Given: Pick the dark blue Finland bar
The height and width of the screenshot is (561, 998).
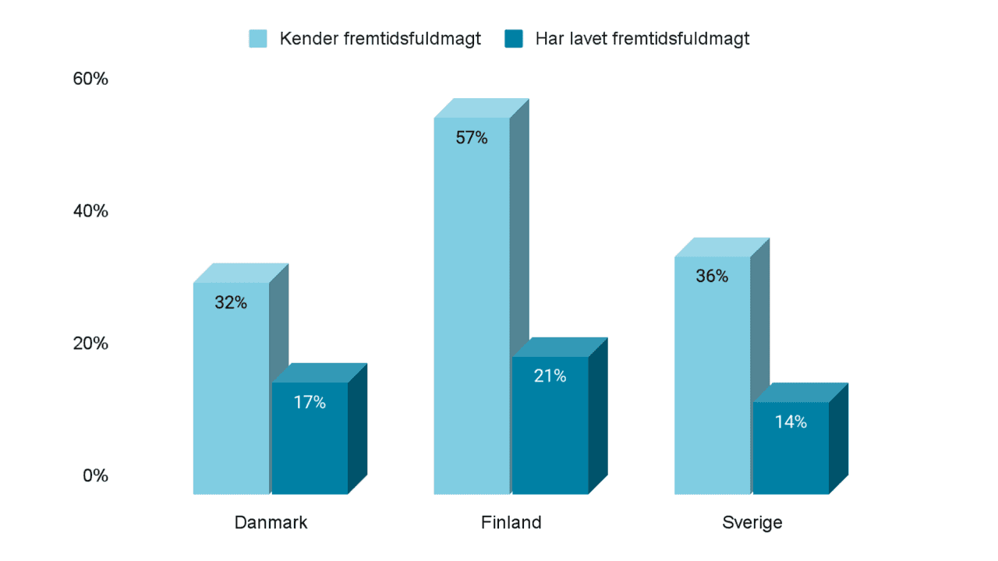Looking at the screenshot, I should point(550,436).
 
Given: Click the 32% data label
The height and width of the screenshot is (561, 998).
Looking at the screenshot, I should point(231,303).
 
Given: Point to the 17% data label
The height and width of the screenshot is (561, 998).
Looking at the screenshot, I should point(310,403).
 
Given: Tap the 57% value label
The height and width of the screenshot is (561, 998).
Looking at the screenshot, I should point(472,139).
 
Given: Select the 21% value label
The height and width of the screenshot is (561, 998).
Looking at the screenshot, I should point(550,376).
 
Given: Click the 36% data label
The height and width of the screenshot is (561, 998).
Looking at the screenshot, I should point(712,277).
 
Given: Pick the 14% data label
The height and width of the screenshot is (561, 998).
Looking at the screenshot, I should point(791,422).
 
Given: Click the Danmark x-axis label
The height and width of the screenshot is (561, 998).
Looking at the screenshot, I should point(271,523).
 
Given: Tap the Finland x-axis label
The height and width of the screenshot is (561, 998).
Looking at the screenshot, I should point(511,523).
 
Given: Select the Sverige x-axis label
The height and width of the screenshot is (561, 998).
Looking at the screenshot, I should point(752,523).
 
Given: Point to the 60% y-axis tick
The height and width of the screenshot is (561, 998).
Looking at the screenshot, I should point(90,79).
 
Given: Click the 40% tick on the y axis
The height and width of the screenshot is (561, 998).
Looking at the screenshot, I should point(90,212).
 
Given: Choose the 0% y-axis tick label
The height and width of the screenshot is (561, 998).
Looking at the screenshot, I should point(95,475).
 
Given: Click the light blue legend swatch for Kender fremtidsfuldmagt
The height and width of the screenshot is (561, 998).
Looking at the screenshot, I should point(258,39).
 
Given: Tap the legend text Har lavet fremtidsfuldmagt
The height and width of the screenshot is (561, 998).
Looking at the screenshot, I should point(642,39).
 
